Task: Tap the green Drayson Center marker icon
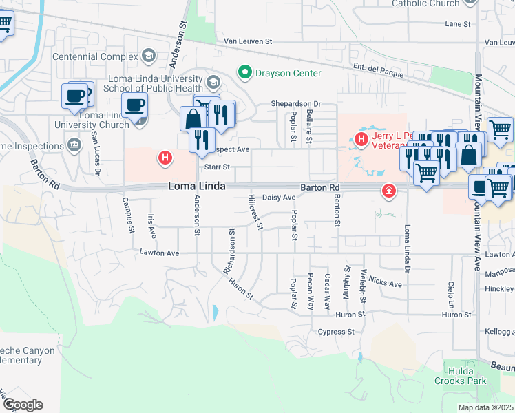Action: point(244,72)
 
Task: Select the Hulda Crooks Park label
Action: point(460,376)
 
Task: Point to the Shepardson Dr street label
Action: point(295,103)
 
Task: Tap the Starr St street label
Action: point(216,167)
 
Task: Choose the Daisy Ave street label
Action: point(280,198)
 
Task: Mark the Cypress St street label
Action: point(336,332)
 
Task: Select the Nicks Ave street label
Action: point(385,283)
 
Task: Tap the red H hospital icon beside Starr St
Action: point(165,158)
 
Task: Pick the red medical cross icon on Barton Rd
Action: point(389,191)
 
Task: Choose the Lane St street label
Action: point(458,23)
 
